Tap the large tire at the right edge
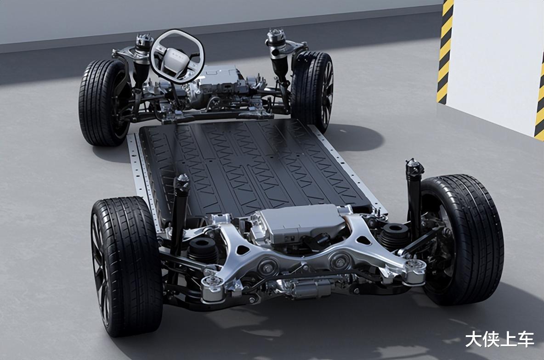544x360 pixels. pos(461,239)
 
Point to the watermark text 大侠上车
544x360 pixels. pos(499,339)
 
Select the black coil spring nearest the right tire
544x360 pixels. pos(395,236)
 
